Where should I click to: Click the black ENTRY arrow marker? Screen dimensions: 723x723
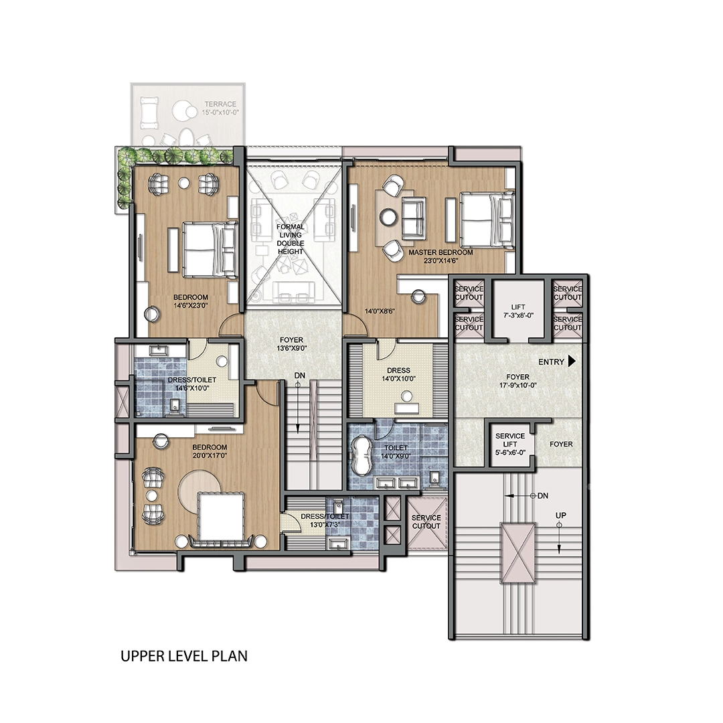pos(572,361)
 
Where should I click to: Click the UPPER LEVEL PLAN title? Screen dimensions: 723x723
pos(184,655)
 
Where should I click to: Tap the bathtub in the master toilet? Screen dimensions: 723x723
pos(362,456)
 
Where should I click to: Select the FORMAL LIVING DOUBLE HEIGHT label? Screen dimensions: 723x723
pos(291,239)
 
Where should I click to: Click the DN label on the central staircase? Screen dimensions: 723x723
pos(300,376)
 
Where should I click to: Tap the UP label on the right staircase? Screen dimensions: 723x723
pos(561,515)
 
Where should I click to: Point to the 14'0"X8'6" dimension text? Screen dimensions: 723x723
pos(380,311)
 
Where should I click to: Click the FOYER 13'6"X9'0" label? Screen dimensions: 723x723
pos(291,344)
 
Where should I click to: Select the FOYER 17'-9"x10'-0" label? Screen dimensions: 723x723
pos(517,381)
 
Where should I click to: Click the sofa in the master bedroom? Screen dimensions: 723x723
pos(413,218)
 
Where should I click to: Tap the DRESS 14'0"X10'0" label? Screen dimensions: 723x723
pos(398,374)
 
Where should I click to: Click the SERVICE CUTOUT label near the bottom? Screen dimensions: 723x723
pos(426,521)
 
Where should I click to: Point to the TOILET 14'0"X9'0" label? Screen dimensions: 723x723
pos(396,452)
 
